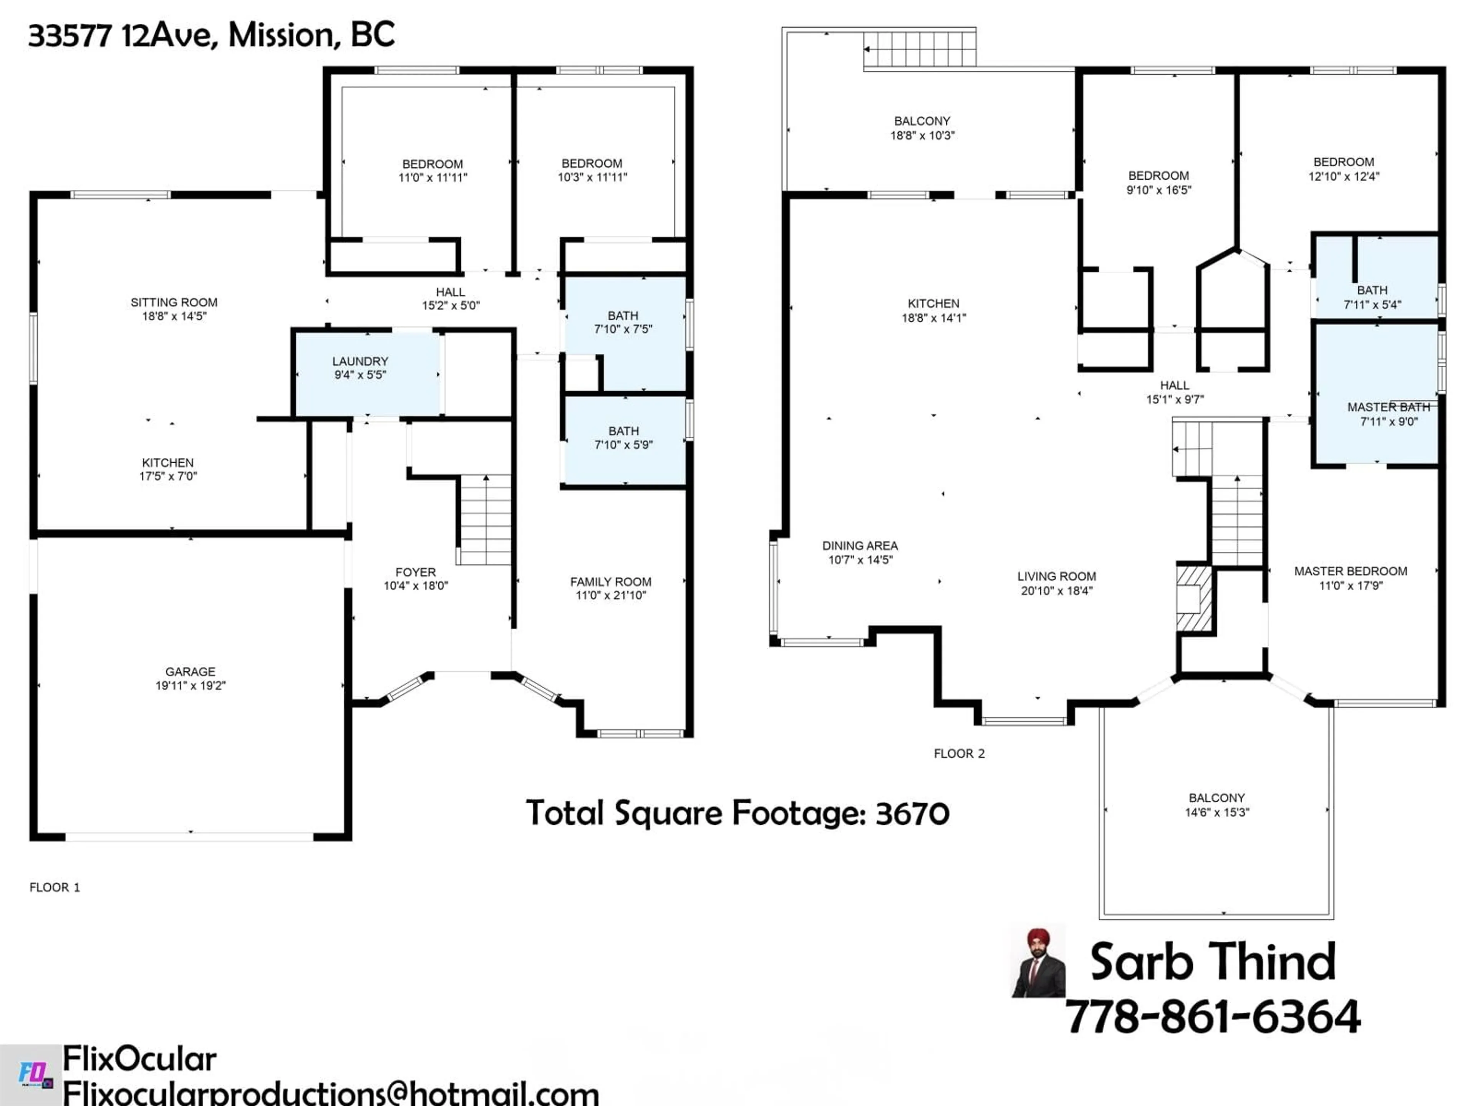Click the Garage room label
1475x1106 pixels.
pyautogui.click(x=190, y=671)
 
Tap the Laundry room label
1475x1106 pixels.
pyautogui.click(x=360, y=361)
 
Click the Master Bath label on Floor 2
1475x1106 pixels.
pyautogui.click(x=1388, y=407)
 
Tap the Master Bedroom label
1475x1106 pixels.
pyautogui.click(x=1350, y=571)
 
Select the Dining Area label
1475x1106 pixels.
pyautogui.click(x=860, y=545)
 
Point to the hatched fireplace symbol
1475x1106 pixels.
pyautogui.click(x=1193, y=598)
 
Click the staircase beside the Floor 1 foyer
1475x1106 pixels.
pyautogui.click(x=486, y=520)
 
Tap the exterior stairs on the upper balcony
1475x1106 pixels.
pyautogui.click(x=920, y=49)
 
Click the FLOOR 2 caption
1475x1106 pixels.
pyautogui.click(x=959, y=753)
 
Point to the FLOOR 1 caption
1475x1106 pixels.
pyautogui.click(x=55, y=887)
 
